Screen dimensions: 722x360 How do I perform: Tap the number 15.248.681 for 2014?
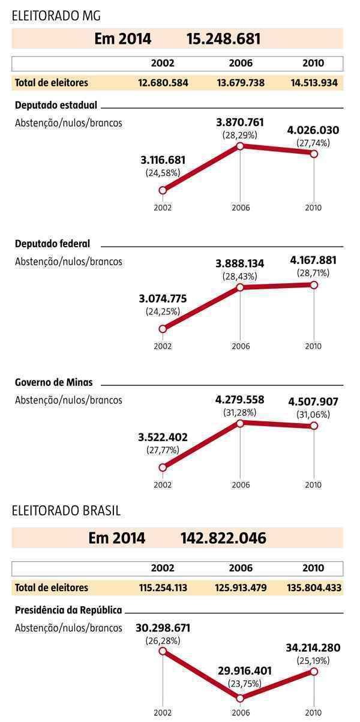coord(223,39)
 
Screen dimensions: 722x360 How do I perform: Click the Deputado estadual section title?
coord(56,105)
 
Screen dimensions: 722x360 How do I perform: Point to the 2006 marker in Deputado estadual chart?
coord(240,146)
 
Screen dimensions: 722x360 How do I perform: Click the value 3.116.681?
coord(163,160)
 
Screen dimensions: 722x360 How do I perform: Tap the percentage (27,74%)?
coord(313,143)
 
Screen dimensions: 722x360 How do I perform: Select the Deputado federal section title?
coord(52,244)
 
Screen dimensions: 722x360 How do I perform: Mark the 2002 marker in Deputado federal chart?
coord(163,329)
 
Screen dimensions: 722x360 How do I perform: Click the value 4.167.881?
coord(313,260)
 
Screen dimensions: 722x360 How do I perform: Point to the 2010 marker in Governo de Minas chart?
coord(313,426)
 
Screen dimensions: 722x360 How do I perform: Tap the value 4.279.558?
coord(240,400)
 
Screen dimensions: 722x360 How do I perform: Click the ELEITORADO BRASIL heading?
coord(66,511)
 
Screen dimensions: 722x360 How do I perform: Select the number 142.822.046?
coord(223,538)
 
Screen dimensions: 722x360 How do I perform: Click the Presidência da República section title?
coord(68,610)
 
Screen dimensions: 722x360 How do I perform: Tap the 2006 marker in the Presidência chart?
coord(240,698)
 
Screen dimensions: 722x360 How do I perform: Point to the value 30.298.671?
coord(163,628)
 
